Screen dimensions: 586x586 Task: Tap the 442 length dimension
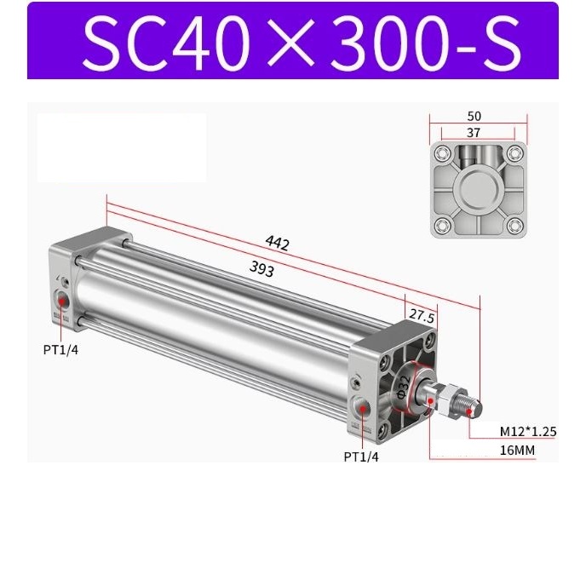(277, 244)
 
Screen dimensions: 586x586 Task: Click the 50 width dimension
(474, 115)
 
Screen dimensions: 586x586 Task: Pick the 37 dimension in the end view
(474, 132)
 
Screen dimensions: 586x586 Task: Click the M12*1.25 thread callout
(528, 432)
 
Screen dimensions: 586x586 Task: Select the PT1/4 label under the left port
(60, 348)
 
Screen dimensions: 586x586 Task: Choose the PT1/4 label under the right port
(361, 457)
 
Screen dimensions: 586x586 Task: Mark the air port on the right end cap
(365, 409)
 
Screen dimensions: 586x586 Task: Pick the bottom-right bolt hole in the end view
(514, 226)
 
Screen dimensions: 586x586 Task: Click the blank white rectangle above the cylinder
(122, 146)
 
